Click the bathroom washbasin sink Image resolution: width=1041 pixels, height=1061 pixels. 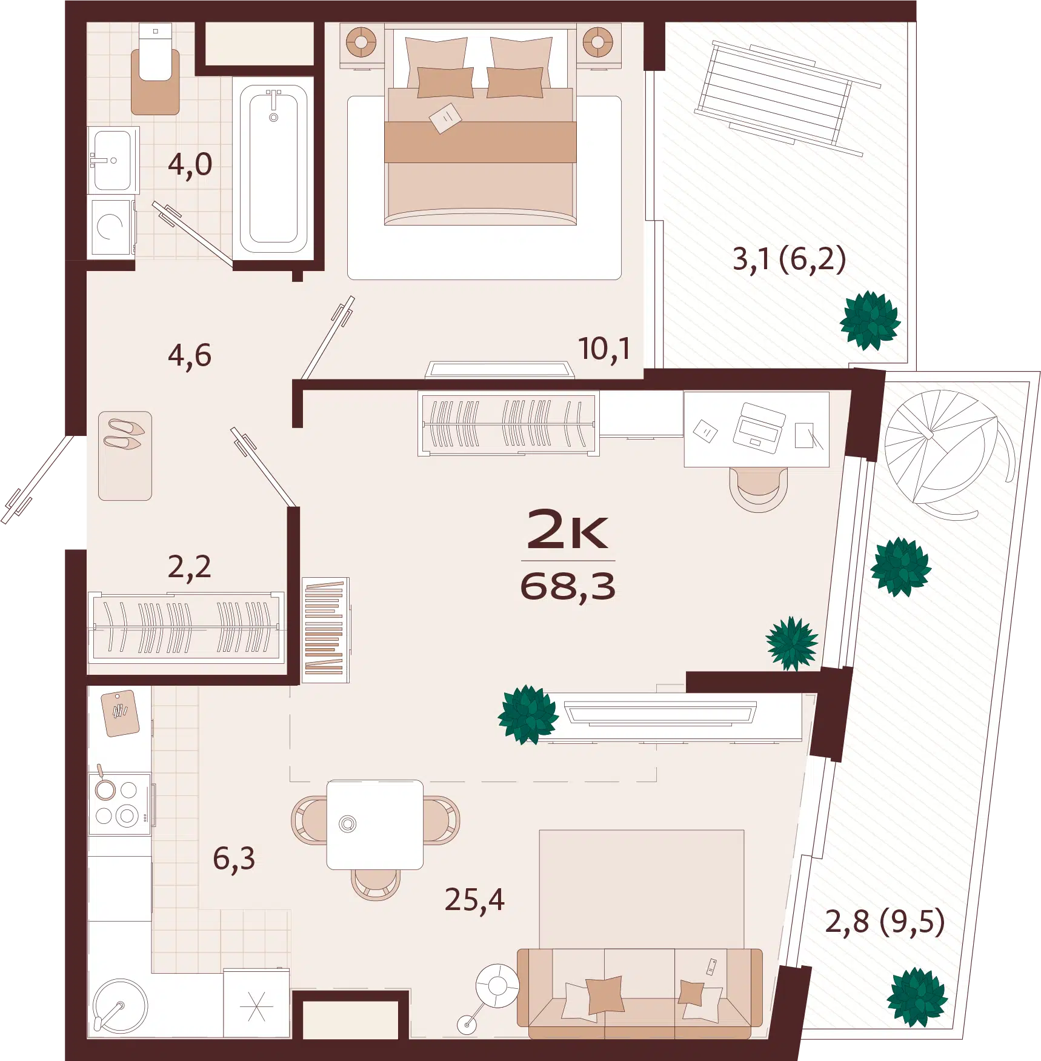pos(113,160)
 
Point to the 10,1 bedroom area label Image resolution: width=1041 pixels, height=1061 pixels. pos(604,350)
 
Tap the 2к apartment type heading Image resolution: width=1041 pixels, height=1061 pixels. pos(567,529)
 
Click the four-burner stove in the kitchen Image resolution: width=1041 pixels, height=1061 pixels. pos(120,803)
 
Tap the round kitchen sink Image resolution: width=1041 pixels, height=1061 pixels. pos(120,1005)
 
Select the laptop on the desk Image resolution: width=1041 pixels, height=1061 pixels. pos(759,428)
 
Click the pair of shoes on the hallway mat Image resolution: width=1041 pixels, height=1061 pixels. pos(124,434)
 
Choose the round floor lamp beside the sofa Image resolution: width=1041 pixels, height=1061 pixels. pos(497,986)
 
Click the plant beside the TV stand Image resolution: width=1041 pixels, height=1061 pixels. pos(528,715)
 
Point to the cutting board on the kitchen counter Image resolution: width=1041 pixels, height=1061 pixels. pos(120,714)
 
